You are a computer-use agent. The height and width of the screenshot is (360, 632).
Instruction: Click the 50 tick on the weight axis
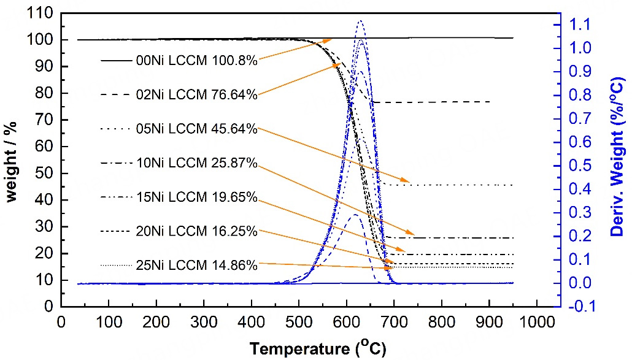(x=45, y=174)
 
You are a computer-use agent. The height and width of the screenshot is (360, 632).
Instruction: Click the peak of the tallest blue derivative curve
(x=360, y=21)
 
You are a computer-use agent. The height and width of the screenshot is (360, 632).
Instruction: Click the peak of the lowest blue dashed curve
(x=355, y=215)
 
